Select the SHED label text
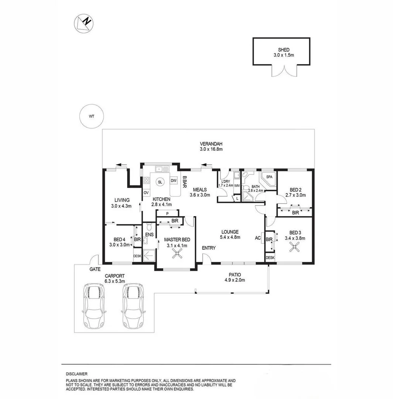pyautogui.click(x=284, y=50)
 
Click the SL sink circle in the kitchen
pyautogui.click(x=160, y=182)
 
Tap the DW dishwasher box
pyautogui.click(x=174, y=181)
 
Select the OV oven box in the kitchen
pyautogui.click(x=146, y=193)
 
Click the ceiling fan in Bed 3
pyautogui.click(x=295, y=248)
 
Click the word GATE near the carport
pyautogui.click(x=95, y=270)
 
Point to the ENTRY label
pyautogui.click(x=208, y=248)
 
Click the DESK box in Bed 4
pyautogui.click(x=137, y=256)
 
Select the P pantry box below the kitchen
pyautogui.click(x=167, y=214)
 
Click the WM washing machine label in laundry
pyautogui.click(x=237, y=185)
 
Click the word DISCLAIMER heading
pyautogui.click(x=77, y=374)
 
